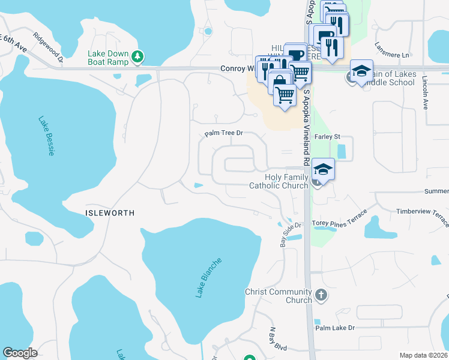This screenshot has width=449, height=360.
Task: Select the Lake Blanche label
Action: [208, 278]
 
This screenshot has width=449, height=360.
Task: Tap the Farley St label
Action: [327, 137]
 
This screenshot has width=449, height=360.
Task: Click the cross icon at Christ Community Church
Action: [322, 295]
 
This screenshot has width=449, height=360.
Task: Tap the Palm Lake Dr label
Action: [336, 328]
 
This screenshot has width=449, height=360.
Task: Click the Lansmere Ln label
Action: [391, 50]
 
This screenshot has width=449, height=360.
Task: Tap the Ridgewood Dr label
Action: [49, 47]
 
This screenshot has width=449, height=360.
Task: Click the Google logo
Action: [20, 353]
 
